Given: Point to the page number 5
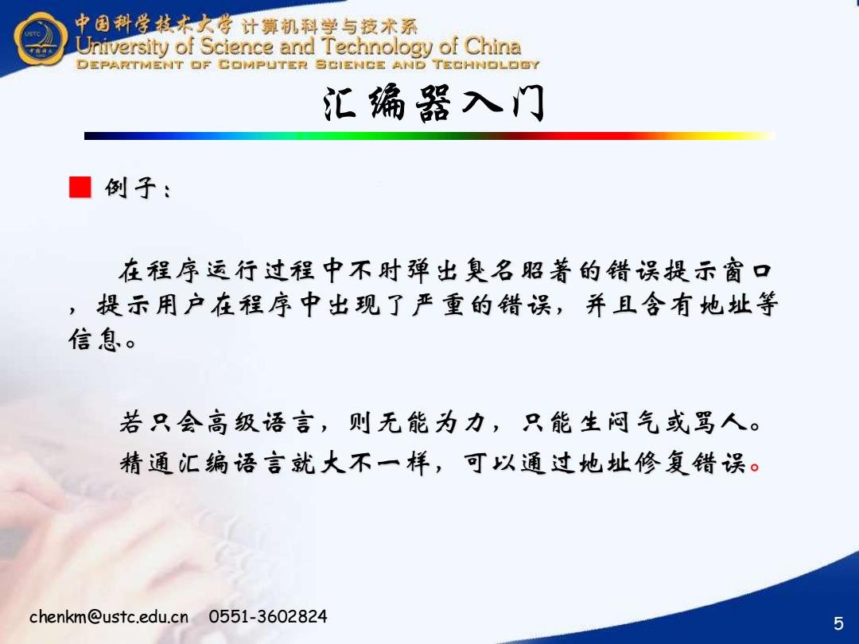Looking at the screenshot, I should [x=838, y=623].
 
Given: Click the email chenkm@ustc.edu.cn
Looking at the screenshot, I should [x=109, y=616].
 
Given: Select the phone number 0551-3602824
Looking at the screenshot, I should [x=267, y=616].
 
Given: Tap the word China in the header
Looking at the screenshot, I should [x=492, y=46].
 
